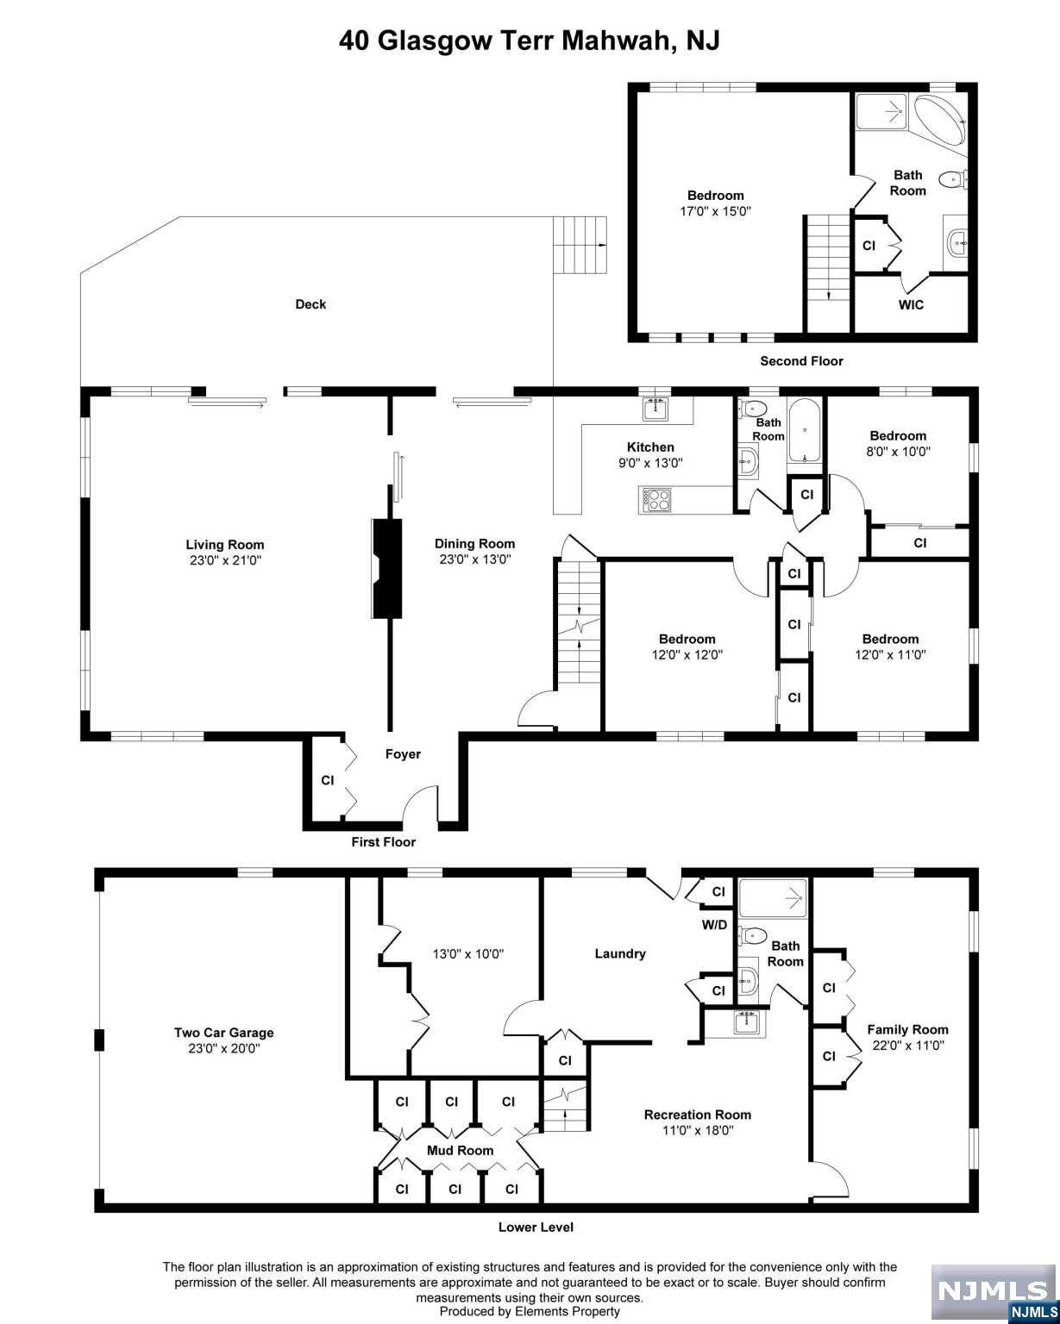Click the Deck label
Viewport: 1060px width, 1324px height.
click(x=310, y=304)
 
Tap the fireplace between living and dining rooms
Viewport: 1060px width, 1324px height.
click(x=386, y=568)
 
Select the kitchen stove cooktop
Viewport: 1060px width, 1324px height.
click(x=655, y=499)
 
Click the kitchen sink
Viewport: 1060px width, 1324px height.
click(x=655, y=409)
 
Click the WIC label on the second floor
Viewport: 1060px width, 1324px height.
click(x=911, y=304)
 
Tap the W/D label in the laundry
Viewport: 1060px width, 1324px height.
click(x=714, y=925)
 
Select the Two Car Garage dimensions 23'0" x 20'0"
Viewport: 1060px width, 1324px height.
click(x=224, y=1048)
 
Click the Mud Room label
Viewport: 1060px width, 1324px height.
click(x=460, y=1151)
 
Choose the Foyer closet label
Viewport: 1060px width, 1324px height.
click(x=328, y=780)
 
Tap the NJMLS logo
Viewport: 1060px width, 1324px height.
click(x=994, y=1292)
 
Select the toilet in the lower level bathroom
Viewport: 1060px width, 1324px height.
click(x=752, y=936)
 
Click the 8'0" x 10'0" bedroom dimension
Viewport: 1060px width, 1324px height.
click(x=898, y=451)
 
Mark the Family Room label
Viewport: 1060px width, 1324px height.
click(x=907, y=1029)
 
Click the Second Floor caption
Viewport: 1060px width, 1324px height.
click(x=801, y=361)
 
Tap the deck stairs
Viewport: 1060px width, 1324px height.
click(x=580, y=245)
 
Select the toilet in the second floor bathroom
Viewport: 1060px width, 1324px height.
click(x=952, y=179)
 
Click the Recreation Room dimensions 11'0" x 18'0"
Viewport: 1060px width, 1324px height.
click(x=698, y=1130)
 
